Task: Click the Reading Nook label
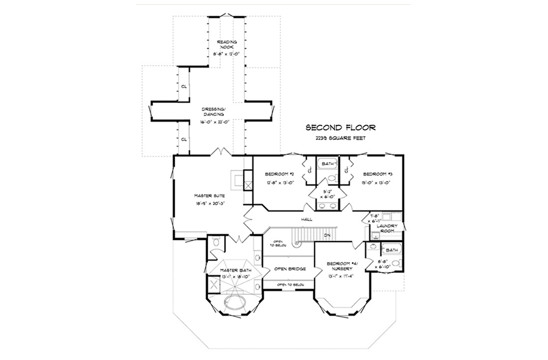(x=227, y=44)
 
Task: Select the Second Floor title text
(x=340, y=127)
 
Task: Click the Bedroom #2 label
(x=280, y=174)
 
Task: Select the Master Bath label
(x=236, y=270)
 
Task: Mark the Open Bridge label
(x=290, y=269)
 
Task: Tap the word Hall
(x=306, y=220)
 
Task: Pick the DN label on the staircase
(x=327, y=236)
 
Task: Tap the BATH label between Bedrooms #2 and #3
(x=327, y=164)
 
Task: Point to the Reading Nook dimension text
(x=227, y=54)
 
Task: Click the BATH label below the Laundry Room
(x=391, y=250)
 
